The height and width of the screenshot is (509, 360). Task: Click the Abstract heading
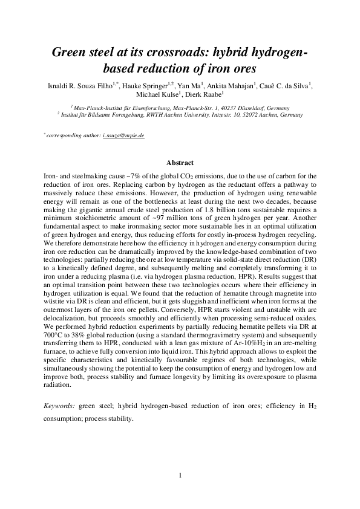pos(180,163)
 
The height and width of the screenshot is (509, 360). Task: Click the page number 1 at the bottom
pos(180,475)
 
